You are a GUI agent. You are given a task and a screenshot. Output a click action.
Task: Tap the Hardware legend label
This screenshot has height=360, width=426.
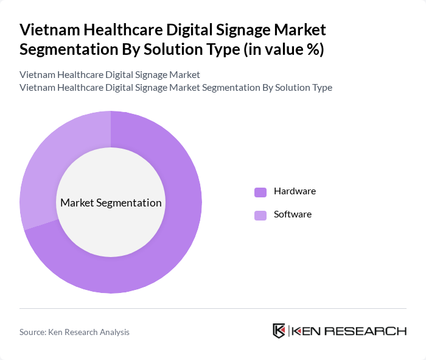[295, 191]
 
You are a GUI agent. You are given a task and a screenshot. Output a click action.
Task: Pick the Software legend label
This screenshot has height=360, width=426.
[292, 214]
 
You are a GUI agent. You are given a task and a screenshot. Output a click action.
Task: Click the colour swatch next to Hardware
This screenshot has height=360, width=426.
[260, 192]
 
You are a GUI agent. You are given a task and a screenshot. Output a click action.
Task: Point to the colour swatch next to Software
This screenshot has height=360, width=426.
[260, 215]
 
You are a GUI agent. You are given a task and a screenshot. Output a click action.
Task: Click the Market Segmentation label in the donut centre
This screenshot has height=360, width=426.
[111, 203]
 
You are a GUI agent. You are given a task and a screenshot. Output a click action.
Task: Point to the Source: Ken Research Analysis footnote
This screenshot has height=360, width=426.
[74, 332]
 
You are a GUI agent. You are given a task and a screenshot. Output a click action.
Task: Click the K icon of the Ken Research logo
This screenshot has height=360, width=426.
[279, 331]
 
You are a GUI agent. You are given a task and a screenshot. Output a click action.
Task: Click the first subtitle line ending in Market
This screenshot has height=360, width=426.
[110, 75]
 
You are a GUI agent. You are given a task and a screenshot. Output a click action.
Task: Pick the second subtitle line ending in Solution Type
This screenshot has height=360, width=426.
[176, 87]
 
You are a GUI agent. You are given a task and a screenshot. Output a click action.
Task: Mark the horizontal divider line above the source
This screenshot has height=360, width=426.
[213, 309]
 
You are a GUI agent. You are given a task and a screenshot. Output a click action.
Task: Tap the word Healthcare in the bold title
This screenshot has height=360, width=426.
[116, 30]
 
